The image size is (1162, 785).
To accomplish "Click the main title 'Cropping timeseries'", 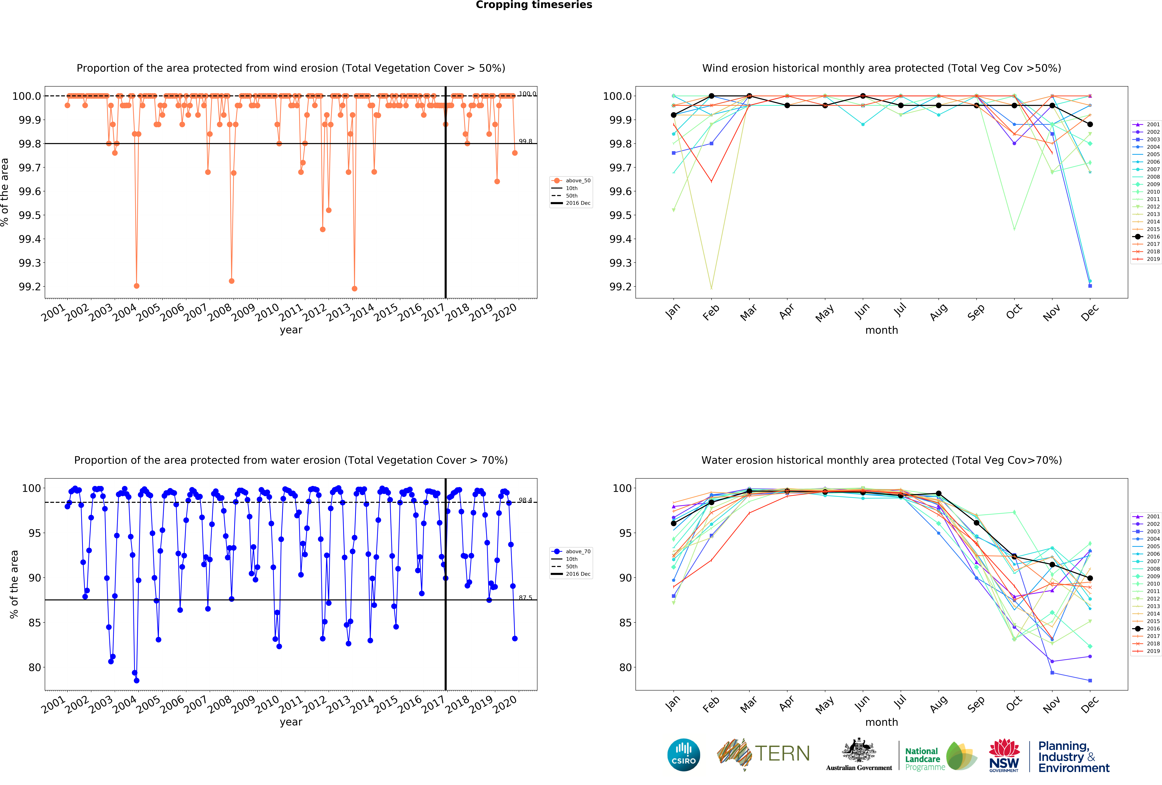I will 533,5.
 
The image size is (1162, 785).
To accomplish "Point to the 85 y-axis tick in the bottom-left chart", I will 34,623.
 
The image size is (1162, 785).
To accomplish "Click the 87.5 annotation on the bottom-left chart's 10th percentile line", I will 525,597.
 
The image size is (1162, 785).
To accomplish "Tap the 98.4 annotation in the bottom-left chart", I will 525,500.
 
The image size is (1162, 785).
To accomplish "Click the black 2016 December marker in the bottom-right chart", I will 1090,578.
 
